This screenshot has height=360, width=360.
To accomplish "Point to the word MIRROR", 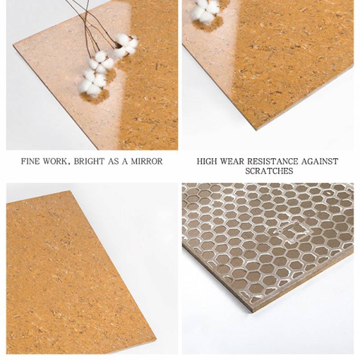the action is click(147, 162).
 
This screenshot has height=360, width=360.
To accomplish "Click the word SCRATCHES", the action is click(269, 171).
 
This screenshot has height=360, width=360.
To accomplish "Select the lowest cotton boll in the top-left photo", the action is click(93, 83).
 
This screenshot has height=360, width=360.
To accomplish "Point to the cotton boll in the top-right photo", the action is click(206, 9).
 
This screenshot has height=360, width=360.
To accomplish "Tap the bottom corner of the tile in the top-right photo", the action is click(256, 130).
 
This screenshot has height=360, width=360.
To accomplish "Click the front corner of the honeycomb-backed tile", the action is click(253, 312).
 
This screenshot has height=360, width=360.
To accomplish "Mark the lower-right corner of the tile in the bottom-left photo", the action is click(156, 340).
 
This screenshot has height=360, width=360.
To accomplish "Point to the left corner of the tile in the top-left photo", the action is click(13, 45).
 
